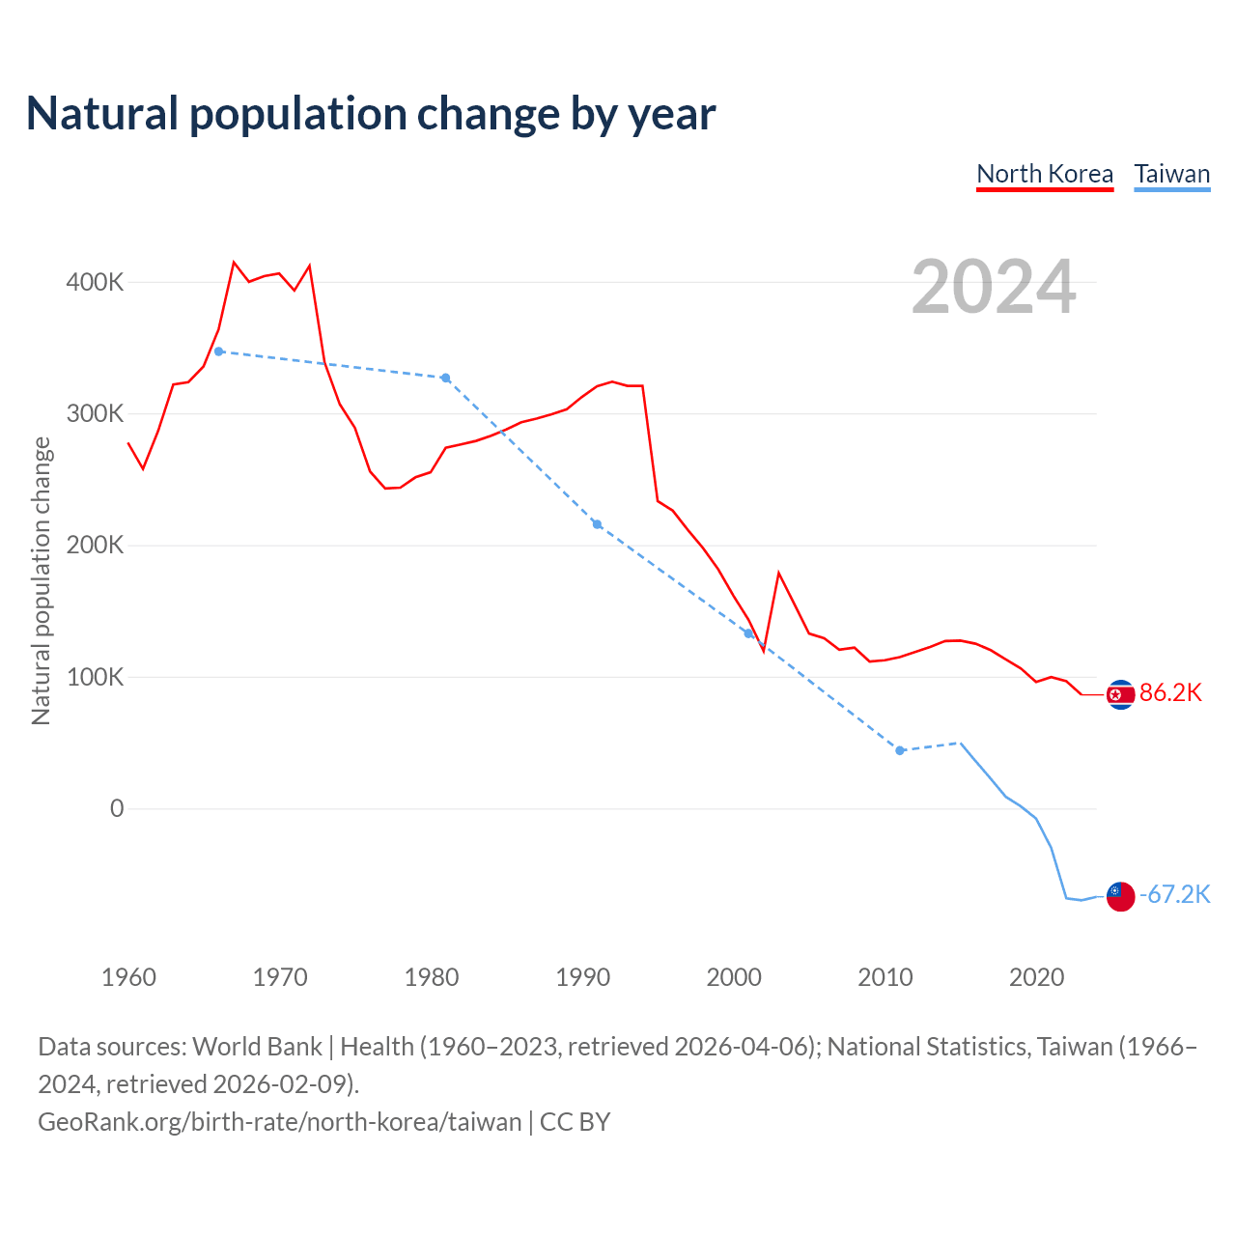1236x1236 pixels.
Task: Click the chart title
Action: click(371, 114)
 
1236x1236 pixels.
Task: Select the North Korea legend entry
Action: click(1045, 174)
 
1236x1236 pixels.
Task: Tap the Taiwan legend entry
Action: click(1171, 174)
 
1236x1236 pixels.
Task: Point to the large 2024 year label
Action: click(994, 287)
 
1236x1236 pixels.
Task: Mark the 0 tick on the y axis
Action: click(117, 808)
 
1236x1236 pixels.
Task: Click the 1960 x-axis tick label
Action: click(128, 977)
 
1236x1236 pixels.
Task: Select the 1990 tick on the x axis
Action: click(583, 977)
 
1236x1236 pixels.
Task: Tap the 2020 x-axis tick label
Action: click(1037, 977)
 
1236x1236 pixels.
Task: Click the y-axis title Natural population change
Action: click(41, 580)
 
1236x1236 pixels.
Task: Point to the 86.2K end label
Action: click(1170, 692)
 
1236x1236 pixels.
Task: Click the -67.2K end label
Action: click(1174, 894)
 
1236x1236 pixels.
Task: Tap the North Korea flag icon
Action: click(1120, 694)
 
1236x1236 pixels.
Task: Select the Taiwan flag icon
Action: click(1120, 896)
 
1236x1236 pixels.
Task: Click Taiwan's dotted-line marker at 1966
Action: click(219, 351)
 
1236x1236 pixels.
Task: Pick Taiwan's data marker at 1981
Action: click(446, 378)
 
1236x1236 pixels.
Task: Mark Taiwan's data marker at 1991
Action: click(597, 524)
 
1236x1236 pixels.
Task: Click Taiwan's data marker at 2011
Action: click(900, 750)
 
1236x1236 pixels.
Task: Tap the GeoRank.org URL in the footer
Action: click(280, 1121)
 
